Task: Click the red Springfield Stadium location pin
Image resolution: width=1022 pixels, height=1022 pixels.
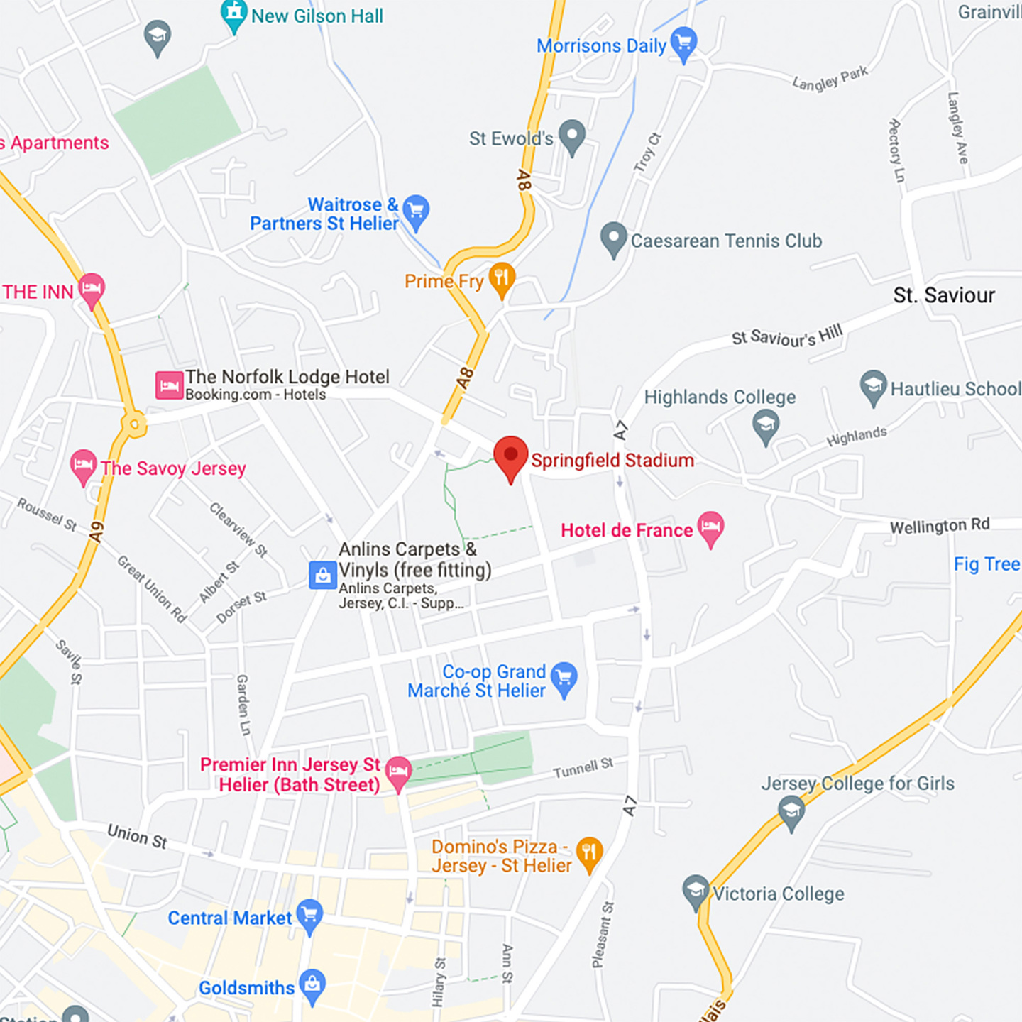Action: (x=510, y=456)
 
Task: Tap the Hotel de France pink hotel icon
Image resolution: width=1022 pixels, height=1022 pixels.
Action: (x=710, y=527)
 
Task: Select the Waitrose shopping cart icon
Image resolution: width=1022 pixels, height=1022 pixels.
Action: (x=416, y=211)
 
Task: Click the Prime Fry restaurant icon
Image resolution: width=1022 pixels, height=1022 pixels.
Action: (x=502, y=279)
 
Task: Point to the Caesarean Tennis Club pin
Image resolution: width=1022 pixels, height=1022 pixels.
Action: (x=613, y=238)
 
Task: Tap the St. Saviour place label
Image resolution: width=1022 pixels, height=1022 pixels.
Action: (x=943, y=295)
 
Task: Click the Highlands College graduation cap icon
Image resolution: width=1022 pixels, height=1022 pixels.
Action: (x=765, y=425)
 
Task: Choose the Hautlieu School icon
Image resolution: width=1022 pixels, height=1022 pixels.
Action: (x=873, y=386)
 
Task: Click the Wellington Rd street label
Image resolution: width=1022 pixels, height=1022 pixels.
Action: (x=939, y=526)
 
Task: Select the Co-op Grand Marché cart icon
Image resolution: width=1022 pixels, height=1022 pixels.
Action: (x=564, y=678)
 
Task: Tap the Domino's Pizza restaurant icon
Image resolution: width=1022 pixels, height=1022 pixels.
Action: (x=589, y=853)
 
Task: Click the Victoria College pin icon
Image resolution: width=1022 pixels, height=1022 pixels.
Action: (x=696, y=891)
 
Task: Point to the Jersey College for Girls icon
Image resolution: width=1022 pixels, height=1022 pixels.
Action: (x=791, y=811)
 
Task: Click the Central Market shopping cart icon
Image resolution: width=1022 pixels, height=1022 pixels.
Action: (x=309, y=915)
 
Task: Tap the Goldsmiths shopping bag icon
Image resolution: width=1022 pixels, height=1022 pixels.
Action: (x=312, y=985)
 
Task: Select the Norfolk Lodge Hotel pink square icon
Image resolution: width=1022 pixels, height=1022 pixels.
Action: (x=169, y=385)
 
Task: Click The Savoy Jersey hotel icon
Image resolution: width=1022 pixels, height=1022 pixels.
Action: (x=83, y=466)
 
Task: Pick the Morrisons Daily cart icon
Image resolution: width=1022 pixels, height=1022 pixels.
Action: (x=683, y=43)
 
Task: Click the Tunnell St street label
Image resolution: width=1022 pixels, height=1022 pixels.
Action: (x=583, y=767)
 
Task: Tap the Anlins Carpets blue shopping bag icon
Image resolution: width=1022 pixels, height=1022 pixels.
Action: (x=322, y=575)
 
